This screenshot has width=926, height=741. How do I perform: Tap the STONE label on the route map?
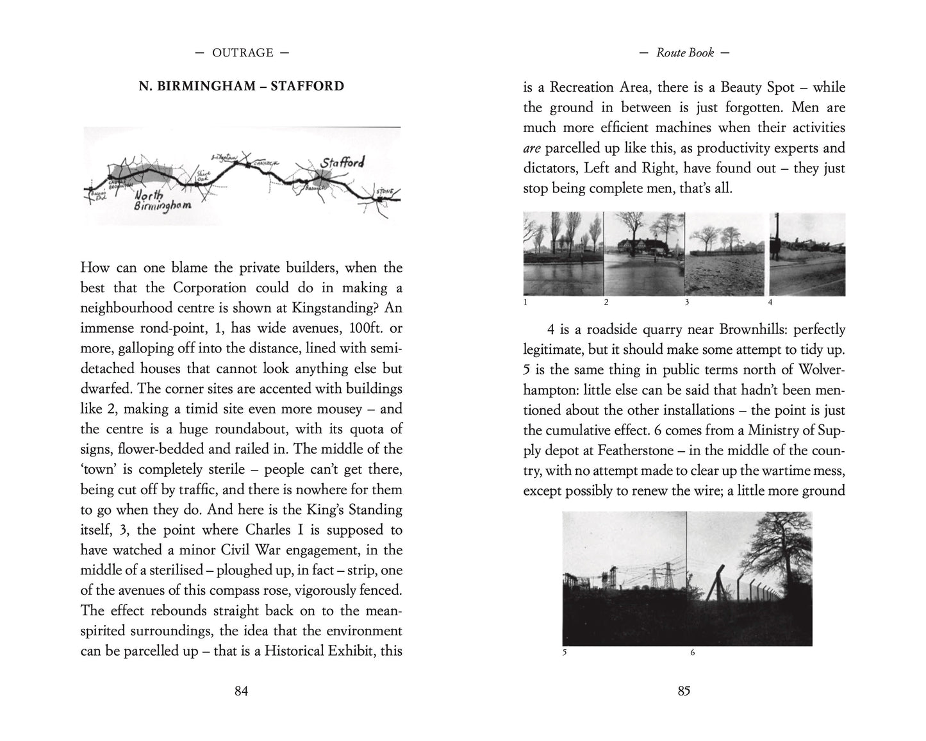point(384,192)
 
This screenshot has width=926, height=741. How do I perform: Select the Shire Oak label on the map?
point(204,174)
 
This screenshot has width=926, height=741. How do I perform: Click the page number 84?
point(241,690)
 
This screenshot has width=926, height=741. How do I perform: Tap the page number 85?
point(684,690)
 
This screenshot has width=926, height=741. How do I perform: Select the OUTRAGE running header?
point(243,53)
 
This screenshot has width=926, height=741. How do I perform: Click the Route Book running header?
point(684,53)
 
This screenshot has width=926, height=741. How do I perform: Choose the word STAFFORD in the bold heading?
point(307,86)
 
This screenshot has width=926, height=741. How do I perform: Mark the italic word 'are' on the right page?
point(532,148)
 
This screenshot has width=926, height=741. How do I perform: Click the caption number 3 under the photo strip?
point(686,302)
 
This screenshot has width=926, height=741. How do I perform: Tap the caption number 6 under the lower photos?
point(692,653)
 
